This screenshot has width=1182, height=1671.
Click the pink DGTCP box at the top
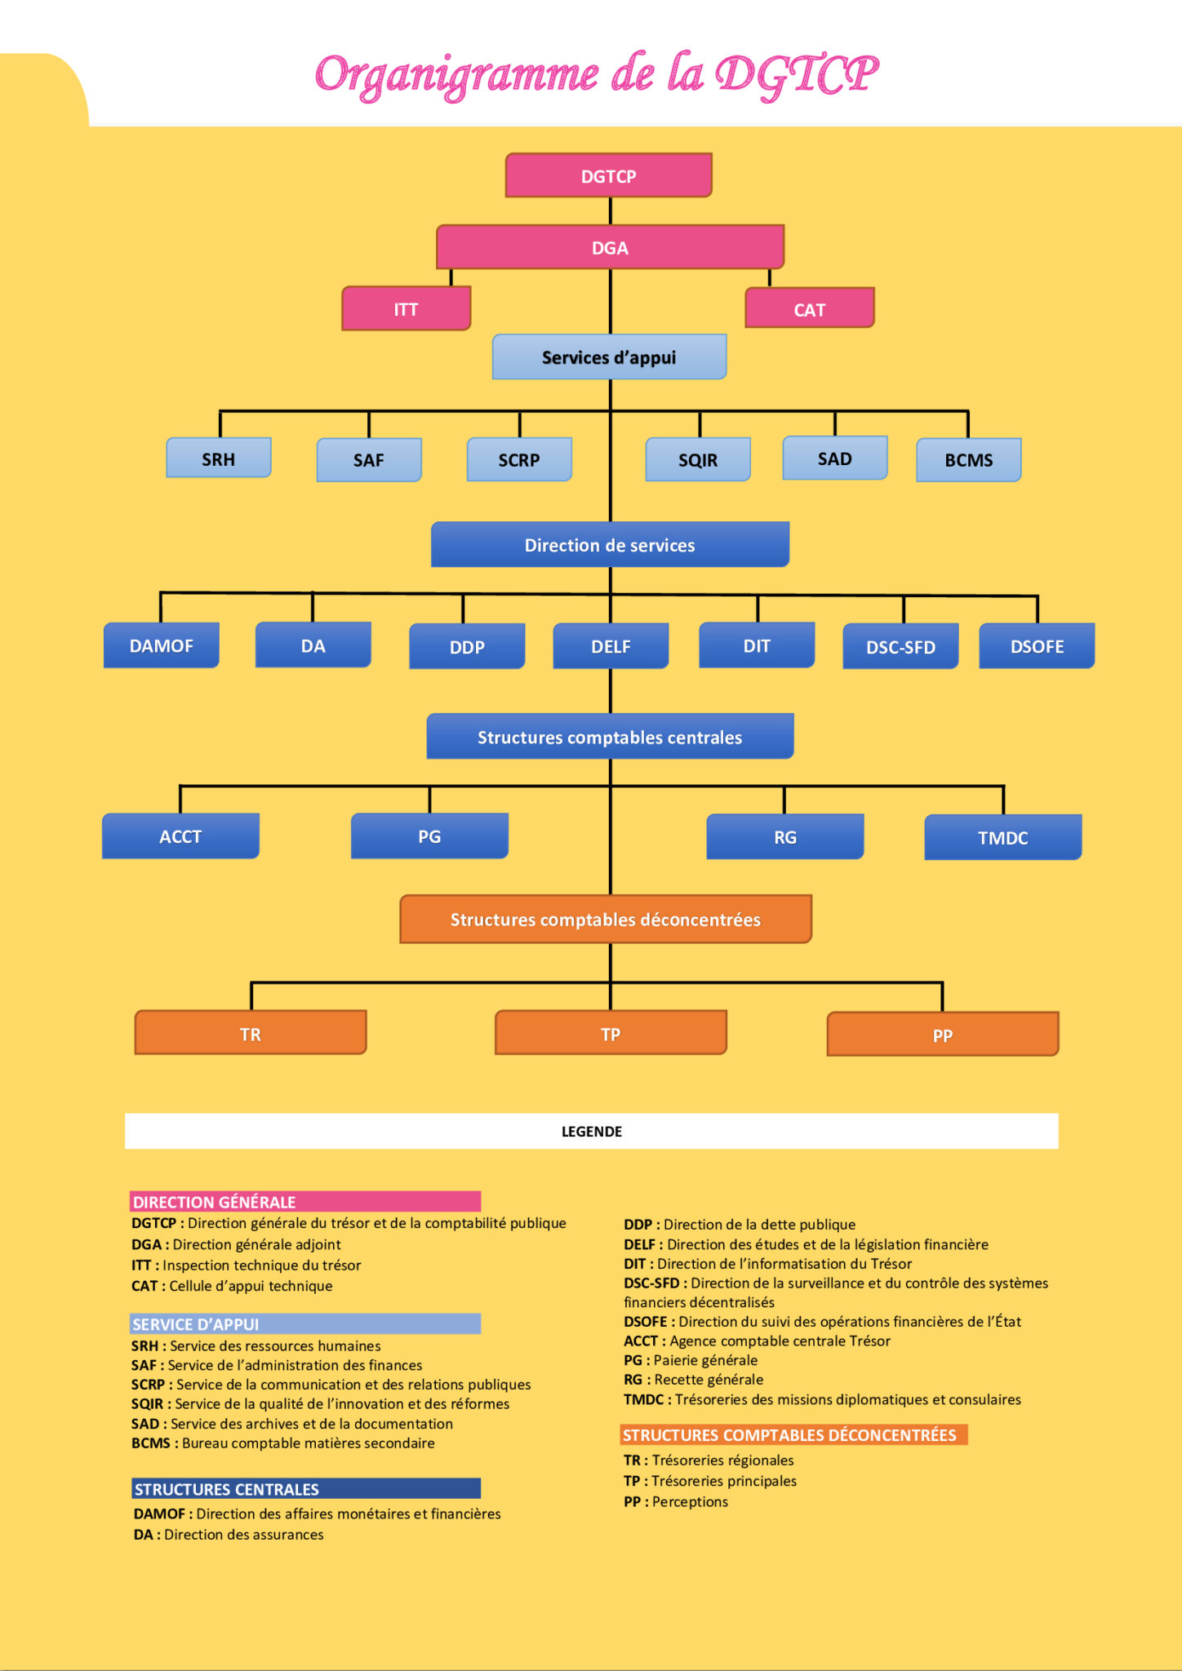click(609, 175)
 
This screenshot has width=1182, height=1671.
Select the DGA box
click(610, 247)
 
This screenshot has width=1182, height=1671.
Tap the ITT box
click(407, 308)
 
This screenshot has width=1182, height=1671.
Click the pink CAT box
click(810, 308)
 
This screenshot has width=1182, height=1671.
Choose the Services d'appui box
click(609, 357)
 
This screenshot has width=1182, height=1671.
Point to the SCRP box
click(519, 459)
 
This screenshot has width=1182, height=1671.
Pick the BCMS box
click(969, 460)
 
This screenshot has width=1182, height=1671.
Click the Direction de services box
click(610, 544)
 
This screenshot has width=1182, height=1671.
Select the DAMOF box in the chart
click(162, 645)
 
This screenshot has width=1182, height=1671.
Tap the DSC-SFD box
click(900, 646)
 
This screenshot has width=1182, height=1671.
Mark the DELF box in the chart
click(611, 646)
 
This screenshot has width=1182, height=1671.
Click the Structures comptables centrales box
click(610, 737)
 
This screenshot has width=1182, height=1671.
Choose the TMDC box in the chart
click(1003, 837)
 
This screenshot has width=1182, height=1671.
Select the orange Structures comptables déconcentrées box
click(606, 920)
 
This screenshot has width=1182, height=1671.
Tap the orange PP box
click(943, 1035)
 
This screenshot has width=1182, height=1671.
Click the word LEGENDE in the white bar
click(592, 1132)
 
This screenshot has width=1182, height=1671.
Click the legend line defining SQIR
click(321, 1404)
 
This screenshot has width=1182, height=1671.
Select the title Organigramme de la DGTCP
click(597, 75)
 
